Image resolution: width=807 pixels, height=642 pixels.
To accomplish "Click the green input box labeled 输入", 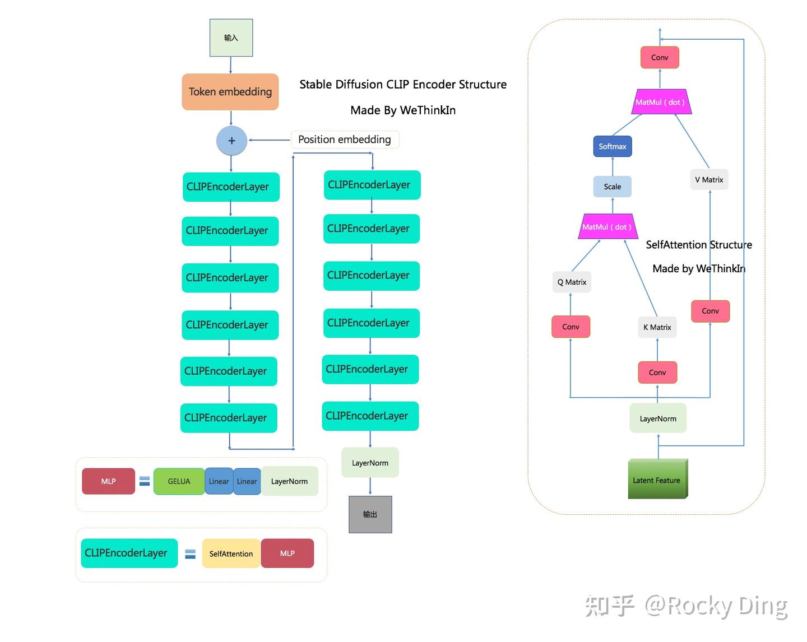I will click(x=231, y=38).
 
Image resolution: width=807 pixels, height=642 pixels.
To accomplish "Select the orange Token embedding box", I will click(x=230, y=92).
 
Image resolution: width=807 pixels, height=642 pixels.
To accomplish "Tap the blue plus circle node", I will click(x=231, y=141).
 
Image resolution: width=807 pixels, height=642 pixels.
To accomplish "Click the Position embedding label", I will click(x=345, y=139).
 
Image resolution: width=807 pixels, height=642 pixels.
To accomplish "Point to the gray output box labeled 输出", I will click(x=370, y=514).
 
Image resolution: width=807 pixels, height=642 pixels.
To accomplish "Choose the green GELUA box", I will click(x=179, y=481).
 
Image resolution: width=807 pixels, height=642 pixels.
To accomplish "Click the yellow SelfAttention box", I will click(x=231, y=553).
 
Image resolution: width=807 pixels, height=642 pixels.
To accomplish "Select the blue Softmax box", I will click(x=612, y=147).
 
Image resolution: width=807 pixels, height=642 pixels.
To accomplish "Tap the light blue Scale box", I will click(x=612, y=187).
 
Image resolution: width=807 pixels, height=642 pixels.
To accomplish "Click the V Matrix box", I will click(x=709, y=180).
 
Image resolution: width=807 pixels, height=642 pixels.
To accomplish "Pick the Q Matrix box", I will click(x=572, y=282).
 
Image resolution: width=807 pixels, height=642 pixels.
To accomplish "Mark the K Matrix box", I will click(x=657, y=327).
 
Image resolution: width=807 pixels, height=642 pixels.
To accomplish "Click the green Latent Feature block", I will click(x=657, y=480).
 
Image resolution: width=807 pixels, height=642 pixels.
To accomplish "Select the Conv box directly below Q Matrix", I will click(x=571, y=327).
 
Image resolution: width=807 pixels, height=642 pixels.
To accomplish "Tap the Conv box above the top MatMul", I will click(x=660, y=58).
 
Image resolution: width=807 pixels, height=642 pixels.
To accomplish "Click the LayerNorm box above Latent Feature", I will click(x=658, y=418).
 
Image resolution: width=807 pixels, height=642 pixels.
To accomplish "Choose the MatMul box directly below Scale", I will click(x=607, y=227).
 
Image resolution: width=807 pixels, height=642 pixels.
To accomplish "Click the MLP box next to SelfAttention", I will click(x=287, y=553).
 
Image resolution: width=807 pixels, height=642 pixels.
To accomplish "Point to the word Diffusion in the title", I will click(x=359, y=85).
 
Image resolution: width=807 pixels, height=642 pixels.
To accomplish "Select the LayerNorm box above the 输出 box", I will click(x=370, y=463).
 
